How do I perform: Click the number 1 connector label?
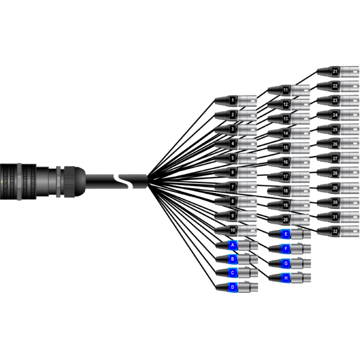233,101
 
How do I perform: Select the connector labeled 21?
338,71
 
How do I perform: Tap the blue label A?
232,245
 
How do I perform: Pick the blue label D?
232,287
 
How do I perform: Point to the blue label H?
286,278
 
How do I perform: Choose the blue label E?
286,234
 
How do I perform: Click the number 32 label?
335,232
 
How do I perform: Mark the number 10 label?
233,230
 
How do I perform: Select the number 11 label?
286,90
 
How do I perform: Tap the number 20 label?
286,220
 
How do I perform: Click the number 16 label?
286,162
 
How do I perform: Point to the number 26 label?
335,144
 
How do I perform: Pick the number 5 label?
233,158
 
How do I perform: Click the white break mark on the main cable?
124,181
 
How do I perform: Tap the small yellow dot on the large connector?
2,182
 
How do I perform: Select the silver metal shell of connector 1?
247,101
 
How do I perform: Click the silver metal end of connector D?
247,287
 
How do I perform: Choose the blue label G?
286,263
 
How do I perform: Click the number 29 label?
335,188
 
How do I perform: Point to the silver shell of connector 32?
349,232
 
